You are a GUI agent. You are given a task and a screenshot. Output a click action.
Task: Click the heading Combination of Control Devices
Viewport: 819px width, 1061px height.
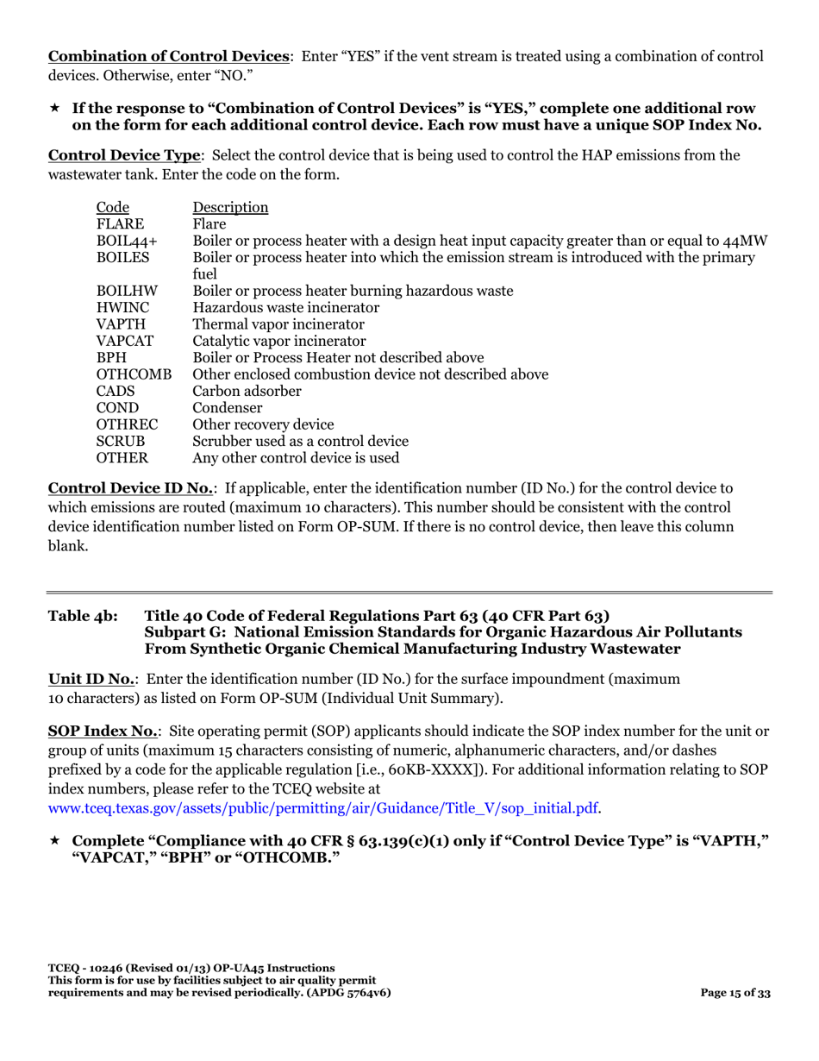(x=168, y=57)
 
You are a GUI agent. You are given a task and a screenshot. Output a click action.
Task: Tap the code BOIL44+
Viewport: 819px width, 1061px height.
(x=122, y=241)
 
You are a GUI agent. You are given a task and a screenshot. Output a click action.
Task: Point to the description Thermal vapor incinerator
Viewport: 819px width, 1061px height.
(x=278, y=324)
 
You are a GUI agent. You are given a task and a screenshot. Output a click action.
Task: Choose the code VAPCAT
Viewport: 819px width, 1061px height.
(x=124, y=341)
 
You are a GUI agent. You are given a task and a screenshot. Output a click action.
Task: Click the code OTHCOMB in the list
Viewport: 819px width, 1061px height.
(x=134, y=374)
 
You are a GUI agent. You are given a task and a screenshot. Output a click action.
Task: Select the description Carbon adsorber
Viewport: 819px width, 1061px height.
(x=247, y=391)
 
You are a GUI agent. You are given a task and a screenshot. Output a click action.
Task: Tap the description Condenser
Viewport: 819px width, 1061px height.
(x=228, y=408)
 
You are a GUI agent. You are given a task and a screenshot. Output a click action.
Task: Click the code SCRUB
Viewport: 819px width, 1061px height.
(x=120, y=441)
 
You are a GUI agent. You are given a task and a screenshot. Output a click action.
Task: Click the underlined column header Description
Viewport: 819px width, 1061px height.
(x=230, y=208)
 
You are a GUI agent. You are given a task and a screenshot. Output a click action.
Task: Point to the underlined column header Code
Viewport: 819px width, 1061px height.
(x=112, y=208)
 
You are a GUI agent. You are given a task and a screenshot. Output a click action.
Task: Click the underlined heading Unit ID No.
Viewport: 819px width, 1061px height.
(x=91, y=679)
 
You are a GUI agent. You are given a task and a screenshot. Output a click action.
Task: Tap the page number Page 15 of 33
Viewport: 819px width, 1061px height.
(x=735, y=993)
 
